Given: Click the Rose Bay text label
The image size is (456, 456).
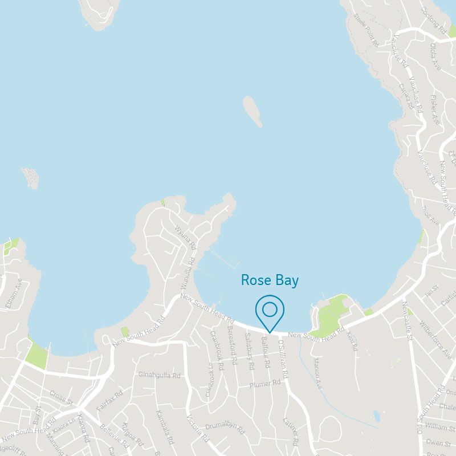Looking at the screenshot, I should pyautogui.click(x=270, y=280).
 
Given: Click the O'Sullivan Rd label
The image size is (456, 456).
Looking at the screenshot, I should pyautogui.click(x=283, y=358).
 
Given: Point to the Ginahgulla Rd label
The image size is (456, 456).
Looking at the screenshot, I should pyautogui.click(x=160, y=376).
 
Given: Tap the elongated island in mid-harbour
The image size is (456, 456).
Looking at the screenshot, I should pyautogui.click(x=252, y=111).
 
